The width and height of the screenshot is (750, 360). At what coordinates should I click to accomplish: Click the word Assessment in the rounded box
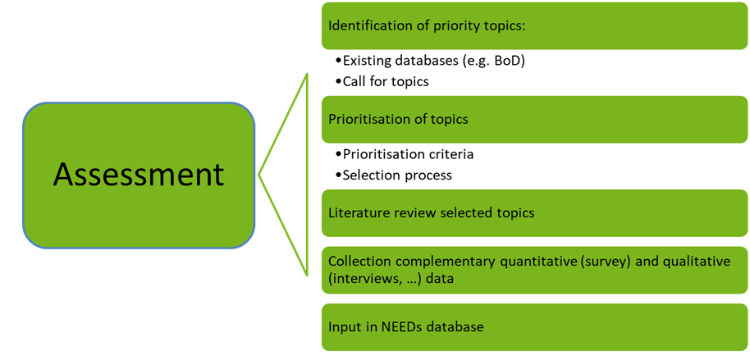coord(138,175)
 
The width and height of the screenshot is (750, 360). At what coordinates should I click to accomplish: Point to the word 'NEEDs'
coord(402,326)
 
